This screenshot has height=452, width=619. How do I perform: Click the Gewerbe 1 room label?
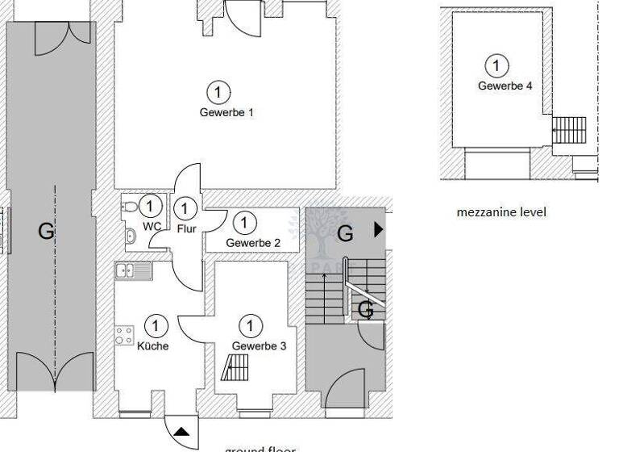coord(226,113)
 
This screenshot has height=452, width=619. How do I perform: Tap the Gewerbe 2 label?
coord(253,243)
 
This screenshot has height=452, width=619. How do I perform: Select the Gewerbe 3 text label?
coord(253,346)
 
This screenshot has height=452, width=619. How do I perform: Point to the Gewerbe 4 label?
coord(505,86)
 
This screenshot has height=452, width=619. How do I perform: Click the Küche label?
coord(153,346)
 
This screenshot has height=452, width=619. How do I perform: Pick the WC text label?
coord(152,227)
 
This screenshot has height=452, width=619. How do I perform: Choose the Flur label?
coord(186,229)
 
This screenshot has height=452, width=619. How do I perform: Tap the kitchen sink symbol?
coord(134,270)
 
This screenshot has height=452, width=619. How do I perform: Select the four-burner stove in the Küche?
coord(124,334)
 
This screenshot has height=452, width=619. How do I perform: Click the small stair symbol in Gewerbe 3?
coord(235,370)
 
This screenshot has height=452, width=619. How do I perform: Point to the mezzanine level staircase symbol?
coord(569,130)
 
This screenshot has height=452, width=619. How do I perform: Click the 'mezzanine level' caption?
coord(501,212)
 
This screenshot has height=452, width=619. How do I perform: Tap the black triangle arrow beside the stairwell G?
coord(380,230)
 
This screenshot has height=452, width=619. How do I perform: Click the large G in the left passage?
coord(47,232)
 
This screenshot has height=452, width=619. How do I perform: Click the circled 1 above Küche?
coord(156,326)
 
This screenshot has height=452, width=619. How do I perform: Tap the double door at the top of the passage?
coord(69,31)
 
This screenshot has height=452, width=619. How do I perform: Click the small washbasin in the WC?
coord(130,236)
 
